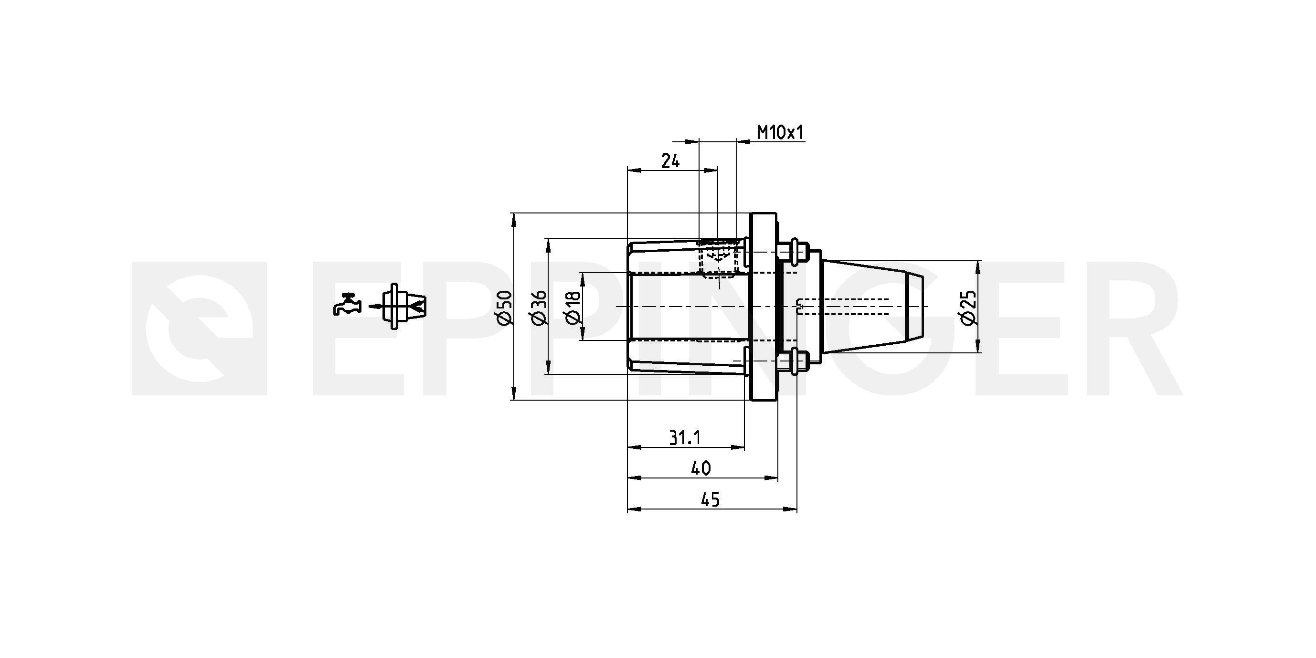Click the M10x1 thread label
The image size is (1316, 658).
pyautogui.click(x=780, y=133)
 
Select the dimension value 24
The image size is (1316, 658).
pyautogui.click(x=670, y=161)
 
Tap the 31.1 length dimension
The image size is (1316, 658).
pyautogui.click(x=685, y=437)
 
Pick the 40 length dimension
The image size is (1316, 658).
pyautogui.click(x=700, y=468)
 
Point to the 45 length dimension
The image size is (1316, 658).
pyautogui.click(x=710, y=499)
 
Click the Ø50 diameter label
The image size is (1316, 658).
pyautogui.click(x=504, y=307)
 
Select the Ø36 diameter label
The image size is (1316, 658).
pyautogui.click(x=539, y=307)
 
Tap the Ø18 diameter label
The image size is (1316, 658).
pyautogui.click(x=573, y=307)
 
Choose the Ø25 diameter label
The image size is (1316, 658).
pyautogui.click(x=968, y=307)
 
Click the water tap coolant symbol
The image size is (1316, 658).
pyautogui.click(x=348, y=305)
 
